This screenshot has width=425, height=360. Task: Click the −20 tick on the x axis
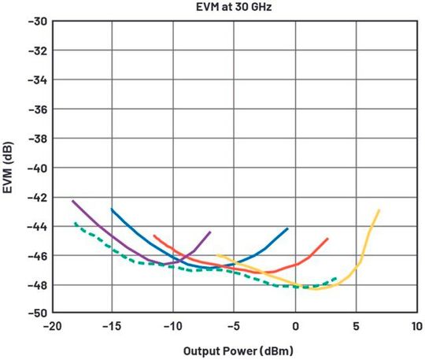pos(52,326)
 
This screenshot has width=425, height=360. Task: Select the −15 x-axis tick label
pos(113,326)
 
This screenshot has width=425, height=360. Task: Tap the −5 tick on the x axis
pos(235,326)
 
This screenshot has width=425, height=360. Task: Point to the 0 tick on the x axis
pos(296,326)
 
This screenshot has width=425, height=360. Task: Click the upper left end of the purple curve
pos(72,201)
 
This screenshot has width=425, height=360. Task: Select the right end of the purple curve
pos(210,232)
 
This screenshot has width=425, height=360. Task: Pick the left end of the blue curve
pos(112,210)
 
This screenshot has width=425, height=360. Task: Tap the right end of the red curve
pos(327,239)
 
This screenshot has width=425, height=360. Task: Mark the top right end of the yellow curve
pos(379,210)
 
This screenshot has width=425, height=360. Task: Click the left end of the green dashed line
pos(75,223)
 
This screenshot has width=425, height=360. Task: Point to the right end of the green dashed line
pos(337,278)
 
